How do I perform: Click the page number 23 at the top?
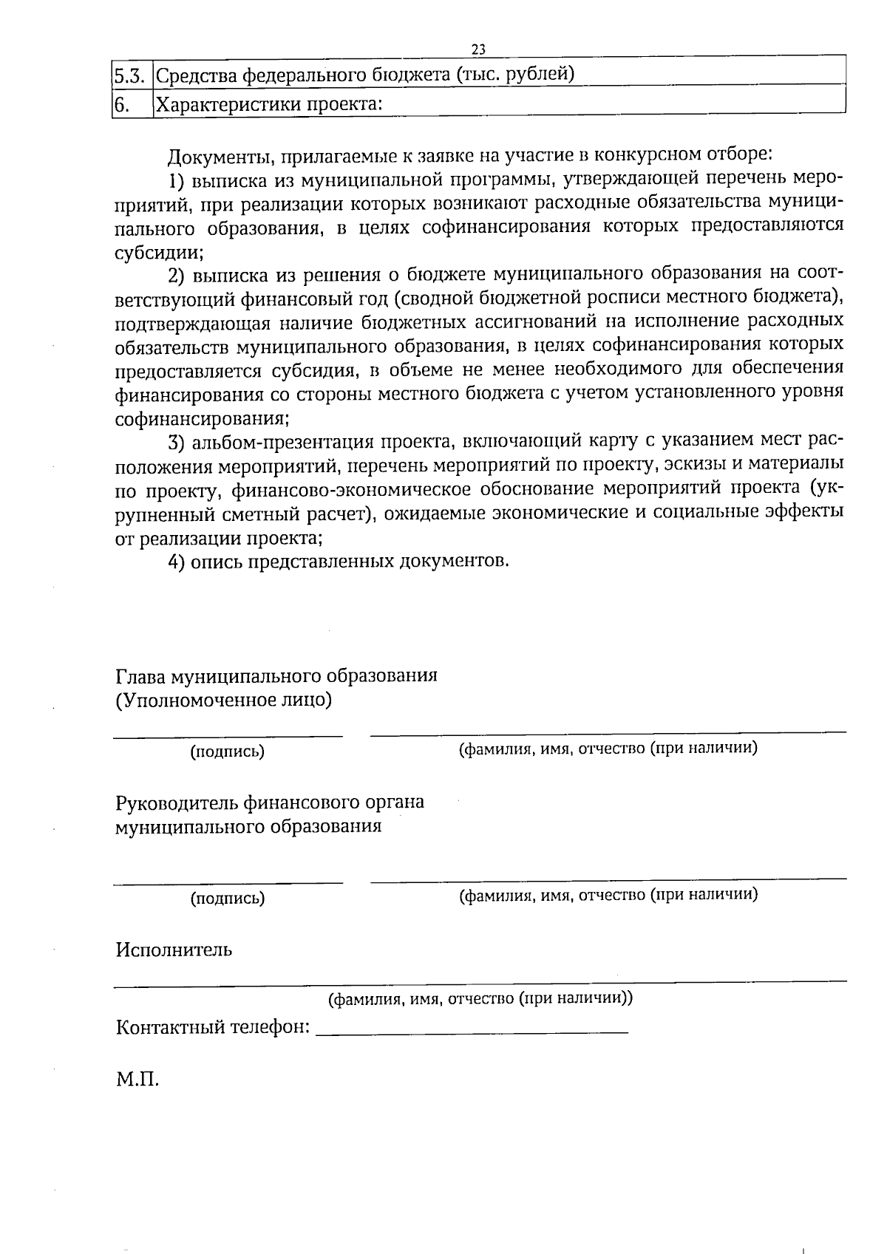click(478, 49)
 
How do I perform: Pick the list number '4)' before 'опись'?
click(176, 561)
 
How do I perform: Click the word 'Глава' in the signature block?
click(140, 676)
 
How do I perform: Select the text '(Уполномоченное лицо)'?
click(223, 700)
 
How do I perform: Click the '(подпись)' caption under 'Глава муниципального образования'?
click(228, 752)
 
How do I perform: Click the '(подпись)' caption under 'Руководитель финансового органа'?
click(228, 899)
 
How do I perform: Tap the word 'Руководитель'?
click(177, 802)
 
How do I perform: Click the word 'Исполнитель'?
click(174, 950)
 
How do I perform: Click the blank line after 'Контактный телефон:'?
click(472, 1029)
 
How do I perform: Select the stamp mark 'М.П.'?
click(137, 1080)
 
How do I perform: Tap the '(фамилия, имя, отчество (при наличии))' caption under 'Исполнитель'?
click(480, 999)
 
